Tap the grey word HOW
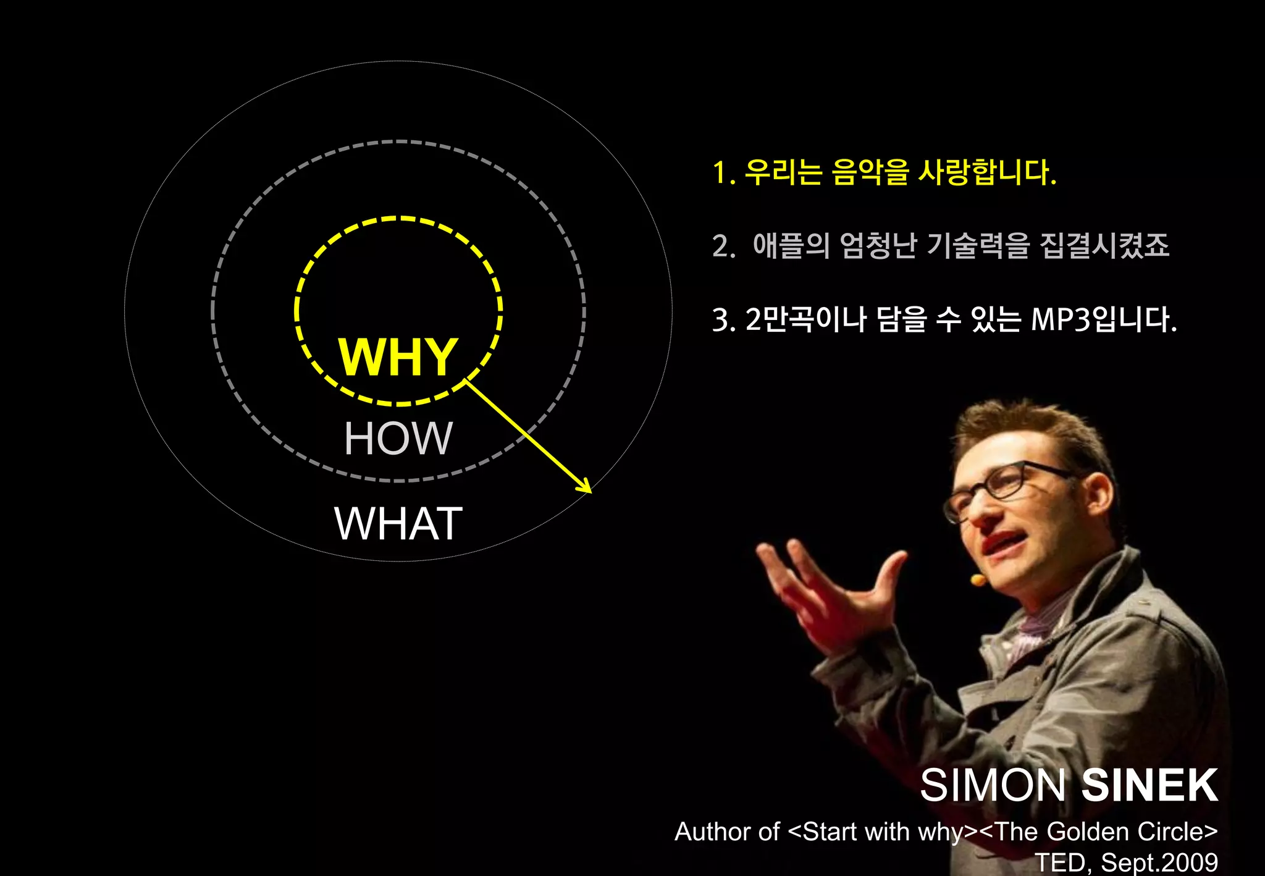[x=398, y=439]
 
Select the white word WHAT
[x=398, y=524]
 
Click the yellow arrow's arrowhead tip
[x=591, y=492]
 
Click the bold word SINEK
[x=1149, y=786]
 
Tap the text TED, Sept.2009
[x=1126, y=862]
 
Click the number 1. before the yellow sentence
[x=723, y=173]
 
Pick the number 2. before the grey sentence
[x=723, y=246]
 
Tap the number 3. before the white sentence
[x=723, y=320]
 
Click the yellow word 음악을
[x=870, y=172]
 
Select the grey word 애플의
[x=791, y=246]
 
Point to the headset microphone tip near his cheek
[x=978, y=579]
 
